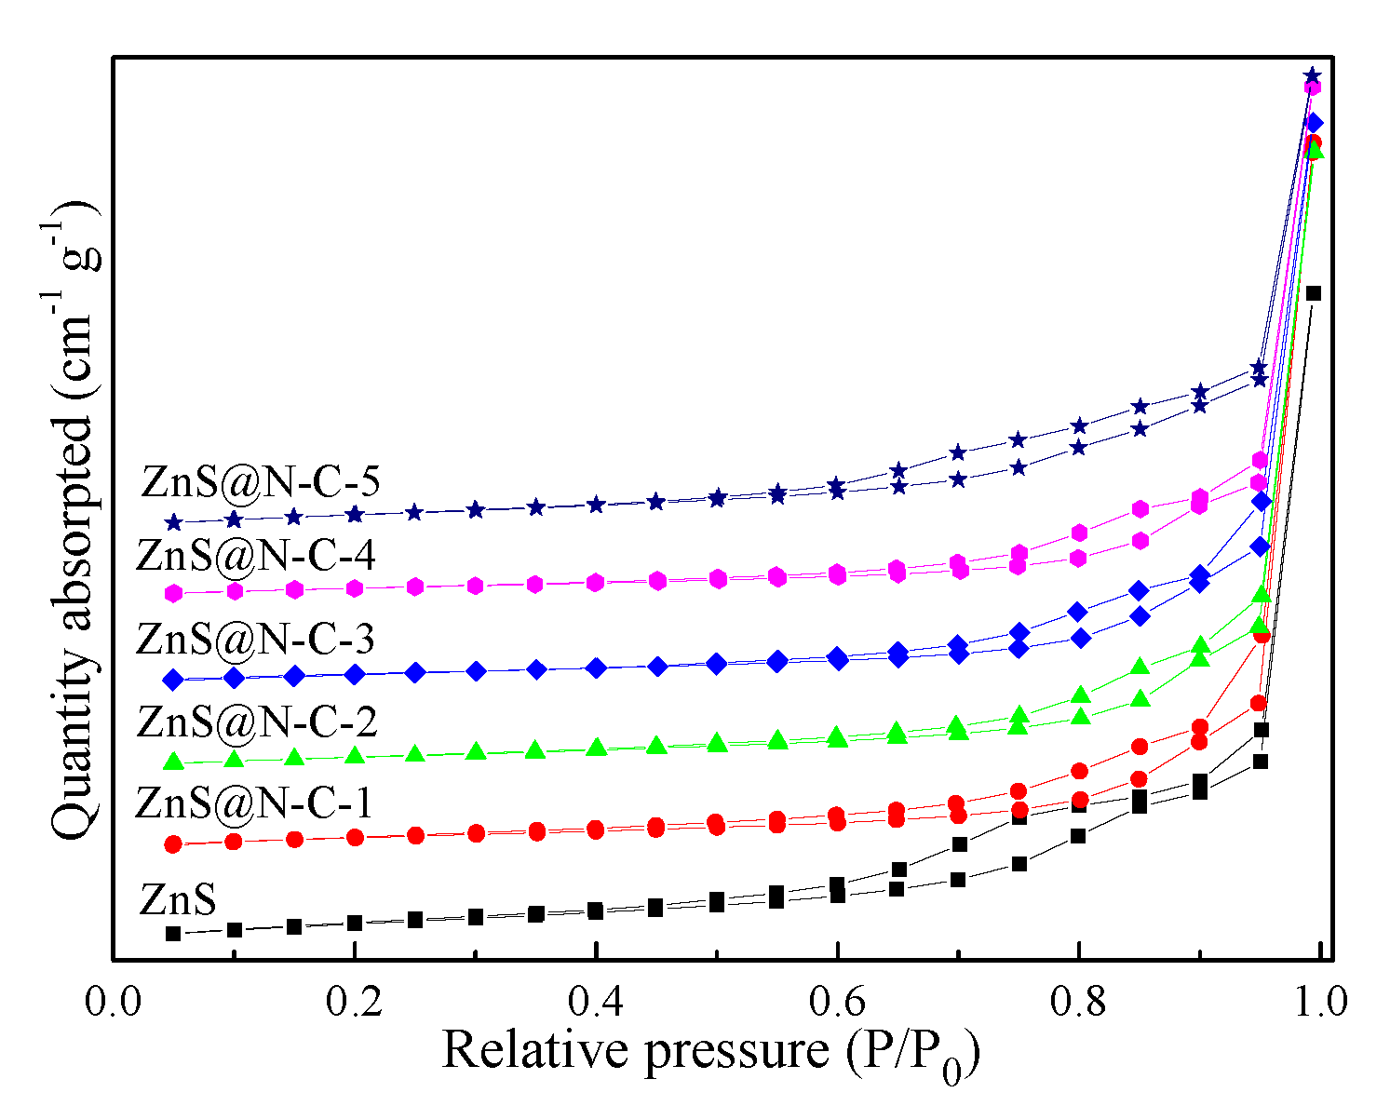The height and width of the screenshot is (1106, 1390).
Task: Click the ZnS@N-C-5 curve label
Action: (x=261, y=482)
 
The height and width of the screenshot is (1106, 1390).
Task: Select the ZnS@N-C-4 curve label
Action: (x=255, y=556)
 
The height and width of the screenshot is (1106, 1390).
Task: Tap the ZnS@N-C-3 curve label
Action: (x=255, y=639)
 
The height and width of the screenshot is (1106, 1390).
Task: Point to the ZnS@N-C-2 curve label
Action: (x=256, y=721)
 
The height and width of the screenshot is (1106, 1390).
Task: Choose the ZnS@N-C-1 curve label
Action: (x=253, y=803)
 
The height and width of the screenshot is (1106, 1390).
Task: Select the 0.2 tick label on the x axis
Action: (x=355, y=1002)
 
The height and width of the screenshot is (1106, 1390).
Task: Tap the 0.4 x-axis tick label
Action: (x=596, y=1002)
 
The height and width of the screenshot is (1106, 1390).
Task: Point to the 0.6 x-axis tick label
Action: (x=837, y=1002)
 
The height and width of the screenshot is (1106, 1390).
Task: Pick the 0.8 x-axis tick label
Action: (x=1078, y=1002)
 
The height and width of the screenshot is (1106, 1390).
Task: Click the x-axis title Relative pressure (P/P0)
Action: (x=711, y=1052)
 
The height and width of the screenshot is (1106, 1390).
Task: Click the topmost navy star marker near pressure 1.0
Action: (x=1312, y=75)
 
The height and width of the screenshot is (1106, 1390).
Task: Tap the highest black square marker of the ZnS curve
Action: (x=1314, y=293)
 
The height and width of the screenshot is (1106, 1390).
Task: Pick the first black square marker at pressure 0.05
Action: (x=172, y=933)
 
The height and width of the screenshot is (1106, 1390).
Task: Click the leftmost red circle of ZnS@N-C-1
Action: (x=172, y=844)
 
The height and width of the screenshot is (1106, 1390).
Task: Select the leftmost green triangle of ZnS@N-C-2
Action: (x=172, y=762)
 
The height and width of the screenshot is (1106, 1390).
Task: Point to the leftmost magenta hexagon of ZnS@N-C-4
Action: (x=172, y=593)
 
